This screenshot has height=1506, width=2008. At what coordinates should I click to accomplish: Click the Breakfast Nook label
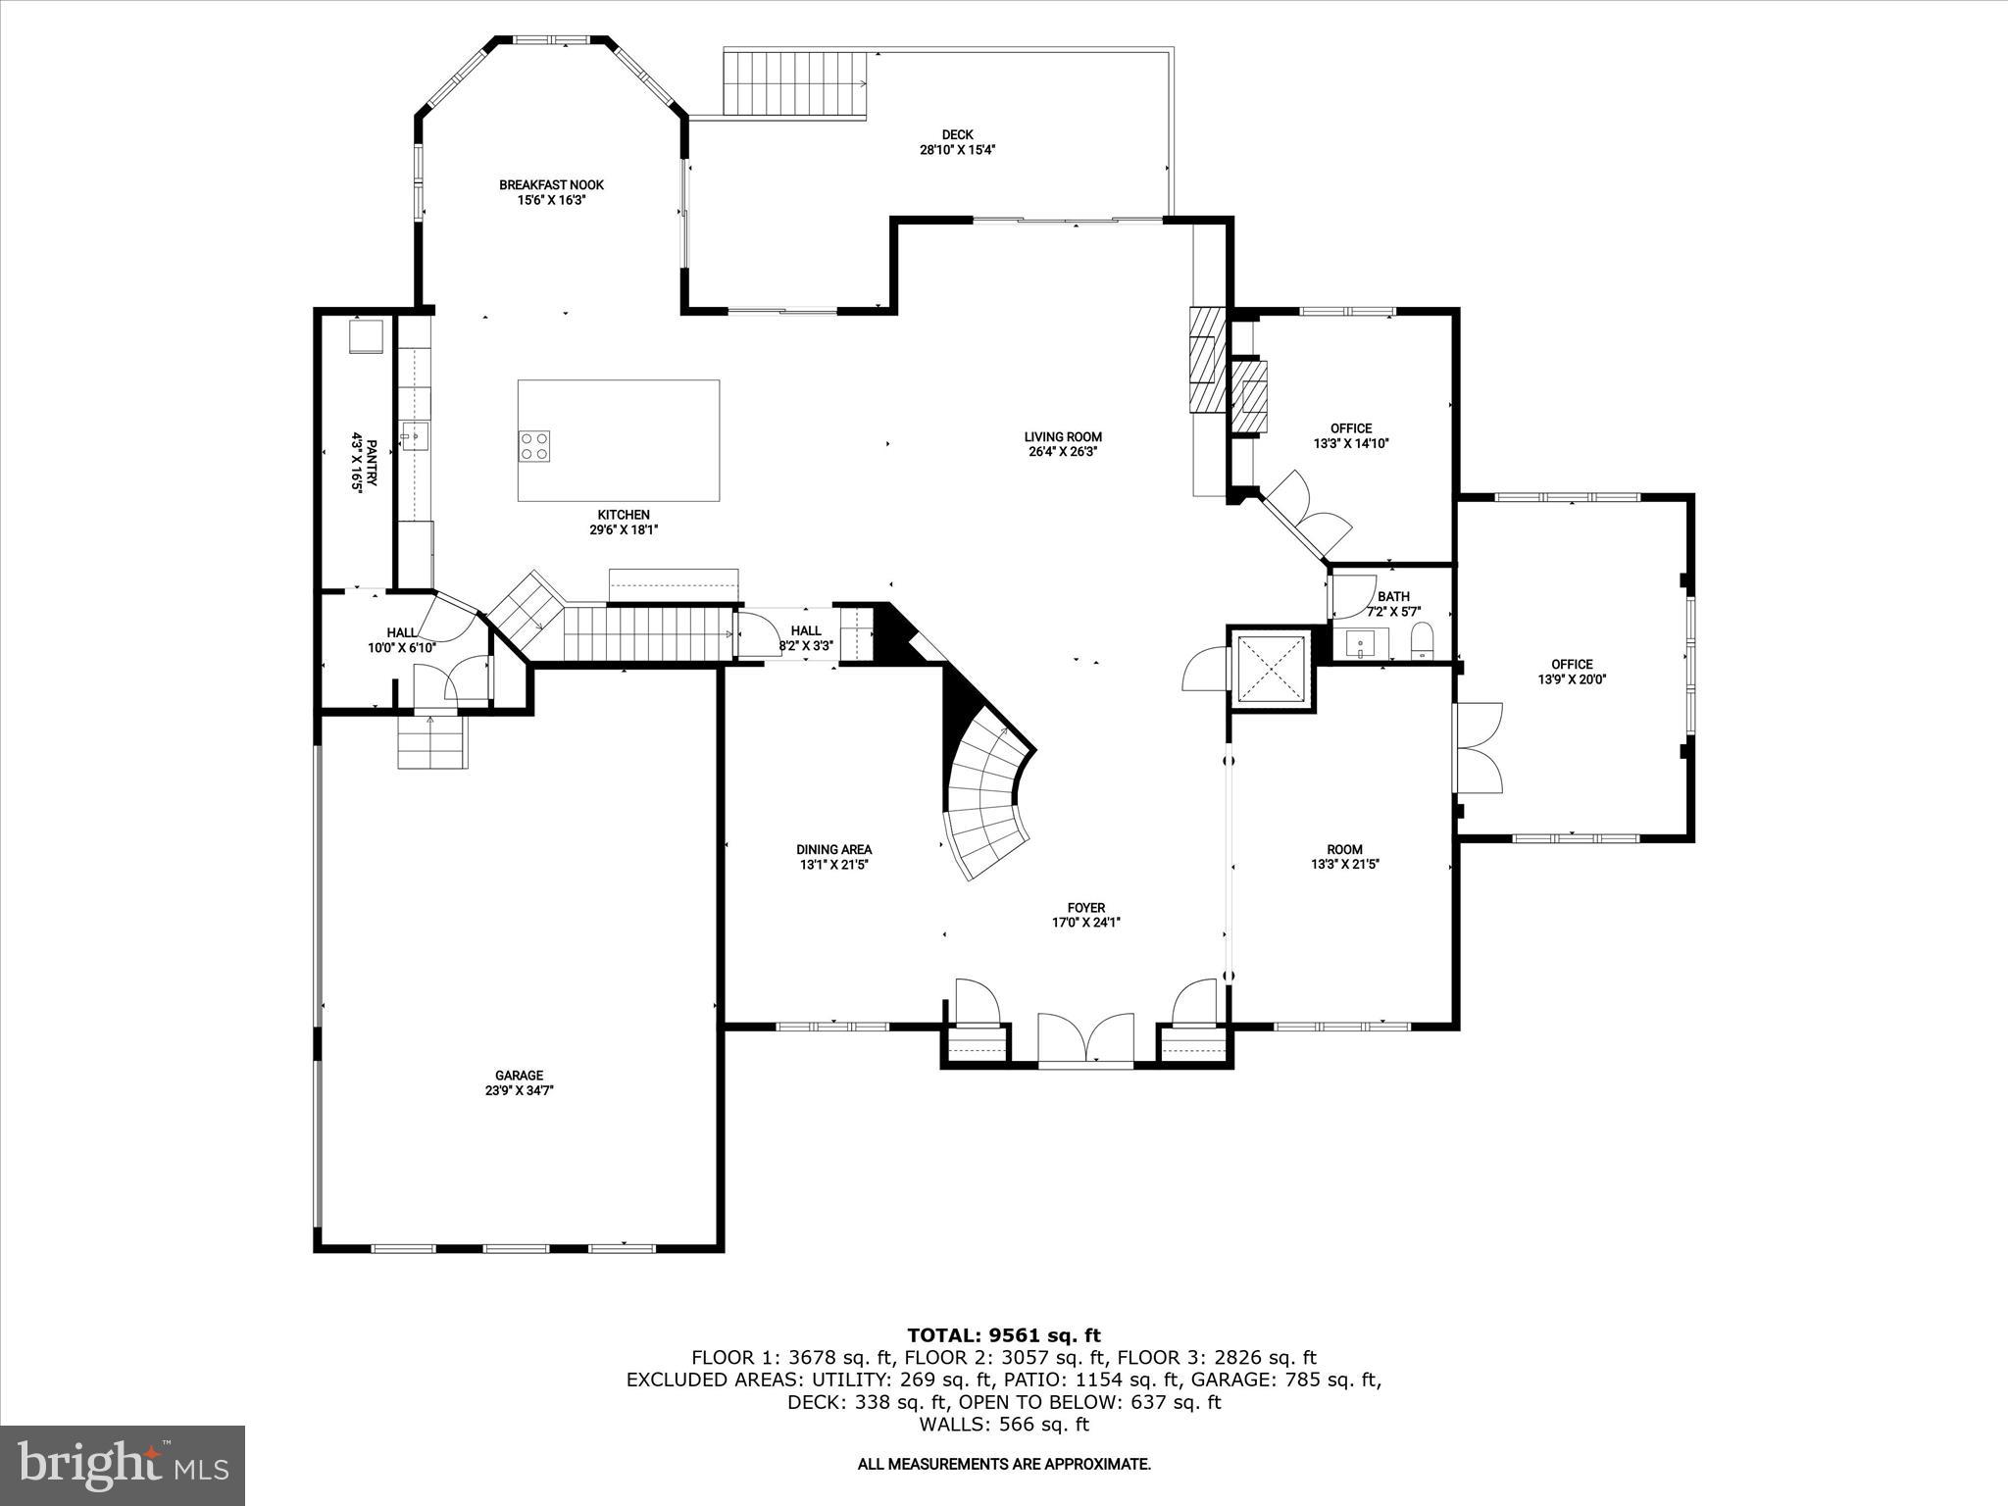click(x=551, y=184)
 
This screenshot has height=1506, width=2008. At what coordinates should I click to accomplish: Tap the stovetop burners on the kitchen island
click(x=534, y=446)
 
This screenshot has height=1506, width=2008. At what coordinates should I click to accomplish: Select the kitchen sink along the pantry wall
click(x=415, y=435)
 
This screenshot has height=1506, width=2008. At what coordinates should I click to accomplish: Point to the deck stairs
click(x=795, y=83)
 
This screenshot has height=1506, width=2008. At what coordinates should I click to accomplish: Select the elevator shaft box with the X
click(x=1271, y=669)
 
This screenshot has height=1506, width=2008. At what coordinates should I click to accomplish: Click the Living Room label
click(x=1063, y=437)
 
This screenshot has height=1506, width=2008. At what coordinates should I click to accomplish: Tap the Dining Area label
click(x=833, y=849)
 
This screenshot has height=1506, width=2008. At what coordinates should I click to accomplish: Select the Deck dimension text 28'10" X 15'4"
click(x=957, y=150)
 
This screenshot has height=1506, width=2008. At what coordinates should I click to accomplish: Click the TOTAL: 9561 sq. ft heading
click(x=1003, y=1334)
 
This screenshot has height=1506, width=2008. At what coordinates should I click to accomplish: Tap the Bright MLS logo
click(x=123, y=1465)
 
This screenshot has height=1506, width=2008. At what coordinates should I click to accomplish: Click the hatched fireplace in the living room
click(x=1206, y=361)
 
